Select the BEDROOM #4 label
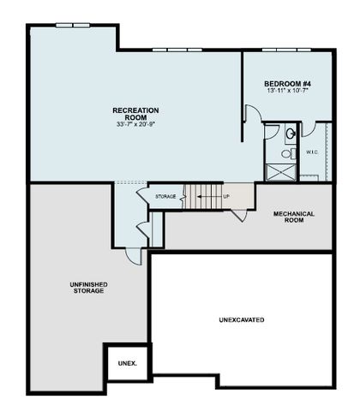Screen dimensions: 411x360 pos(288,83)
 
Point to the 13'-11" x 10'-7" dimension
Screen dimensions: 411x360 pos(288,91)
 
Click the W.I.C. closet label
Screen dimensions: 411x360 pos(312,152)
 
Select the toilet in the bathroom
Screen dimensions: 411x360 pos(288,154)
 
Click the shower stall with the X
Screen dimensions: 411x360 pos(281,170)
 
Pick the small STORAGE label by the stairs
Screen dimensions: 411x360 pos(165,197)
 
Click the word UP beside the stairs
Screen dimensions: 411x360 pos(226,197)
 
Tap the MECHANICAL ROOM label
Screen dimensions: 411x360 pos(294,217)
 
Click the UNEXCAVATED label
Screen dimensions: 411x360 pos(242,319)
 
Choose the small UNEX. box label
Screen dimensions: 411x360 pos(127,363)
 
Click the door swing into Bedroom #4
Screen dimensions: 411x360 pos(250,115)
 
